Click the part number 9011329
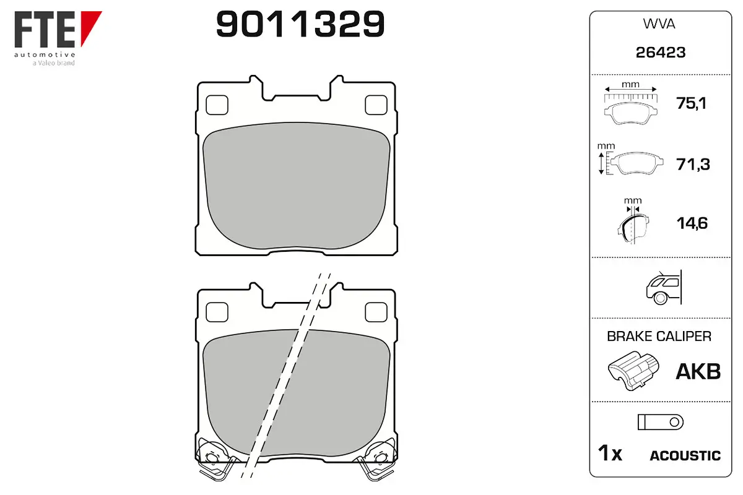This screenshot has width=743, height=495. tap(300, 24)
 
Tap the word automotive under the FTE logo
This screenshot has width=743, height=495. tap(45, 54)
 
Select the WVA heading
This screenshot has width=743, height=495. tap(659, 24)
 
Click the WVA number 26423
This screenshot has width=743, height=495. tap(661, 53)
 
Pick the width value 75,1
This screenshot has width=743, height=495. tap(691, 103)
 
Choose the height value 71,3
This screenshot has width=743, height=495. tap(693, 164)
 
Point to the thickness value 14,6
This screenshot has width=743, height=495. tap(692, 223)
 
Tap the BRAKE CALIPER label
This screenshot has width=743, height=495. tap(659, 336)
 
